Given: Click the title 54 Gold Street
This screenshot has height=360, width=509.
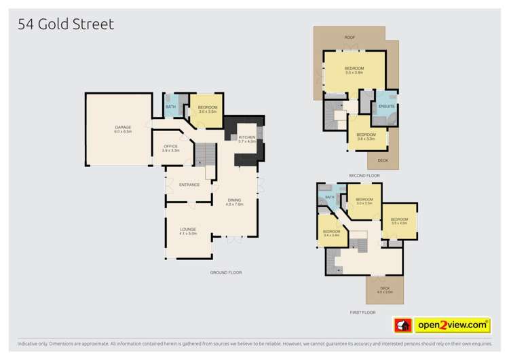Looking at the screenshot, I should pyautogui.click(x=65, y=25).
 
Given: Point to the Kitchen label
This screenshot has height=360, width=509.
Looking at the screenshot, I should pyautogui.click(x=246, y=139).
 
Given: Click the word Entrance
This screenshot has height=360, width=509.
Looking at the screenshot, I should pyautogui.click(x=189, y=185).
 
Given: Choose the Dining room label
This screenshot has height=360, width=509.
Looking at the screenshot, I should pyautogui.click(x=234, y=201).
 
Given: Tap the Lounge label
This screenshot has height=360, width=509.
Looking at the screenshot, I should pyautogui.click(x=188, y=231).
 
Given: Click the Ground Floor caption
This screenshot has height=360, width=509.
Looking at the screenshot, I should pyautogui.click(x=226, y=272).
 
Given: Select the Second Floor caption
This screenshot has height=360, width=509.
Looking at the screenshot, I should pyautogui.click(x=364, y=175).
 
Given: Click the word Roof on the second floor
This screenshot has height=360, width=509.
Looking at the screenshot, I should pyautogui.click(x=350, y=37).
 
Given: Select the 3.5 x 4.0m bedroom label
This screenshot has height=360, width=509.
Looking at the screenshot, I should pyautogui.click(x=399, y=221).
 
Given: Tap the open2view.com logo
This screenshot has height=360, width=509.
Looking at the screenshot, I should pyautogui.click(x=452, y=325).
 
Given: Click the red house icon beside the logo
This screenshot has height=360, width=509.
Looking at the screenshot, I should pyautogui.click(x=404, y=325).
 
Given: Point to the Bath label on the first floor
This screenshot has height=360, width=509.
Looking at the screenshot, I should pyautogui.click(x=330, y=198).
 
